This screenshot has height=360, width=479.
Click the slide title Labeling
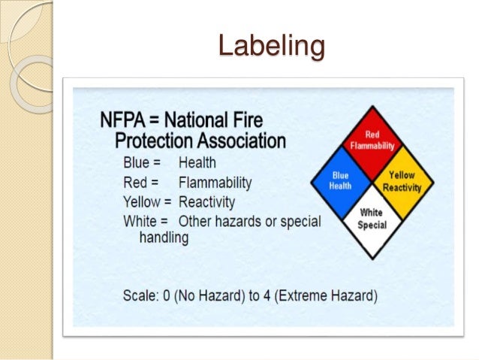coord(271,46)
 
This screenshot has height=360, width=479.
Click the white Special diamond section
coord(372,219)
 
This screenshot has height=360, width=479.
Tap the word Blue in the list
coord(137,162)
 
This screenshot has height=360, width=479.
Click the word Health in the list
coord(197,162)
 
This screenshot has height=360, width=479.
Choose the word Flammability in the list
coord(215,183)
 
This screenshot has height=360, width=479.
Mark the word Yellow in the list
coord(143,202)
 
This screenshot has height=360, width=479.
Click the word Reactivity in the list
coord(206,202)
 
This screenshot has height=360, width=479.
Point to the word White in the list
coord(140,222)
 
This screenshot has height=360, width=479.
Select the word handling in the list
coord(164,237)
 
